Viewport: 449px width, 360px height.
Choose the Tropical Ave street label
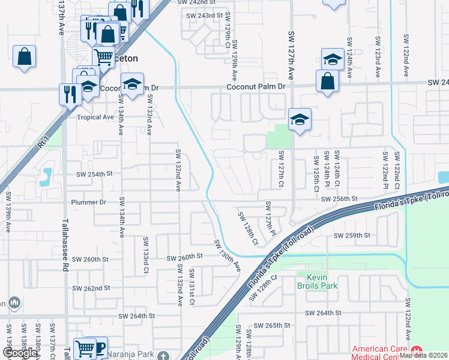point(95,117)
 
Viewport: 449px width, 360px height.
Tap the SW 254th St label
point(94,174)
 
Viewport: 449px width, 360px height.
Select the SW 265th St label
point(271,325)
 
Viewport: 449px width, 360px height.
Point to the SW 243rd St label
point(204,15)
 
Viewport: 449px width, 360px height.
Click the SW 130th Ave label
point(228,256)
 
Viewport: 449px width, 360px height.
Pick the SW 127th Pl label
point(270,218)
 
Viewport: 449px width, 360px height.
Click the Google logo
point(20,353)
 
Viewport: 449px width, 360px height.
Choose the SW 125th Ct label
point(315,169)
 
